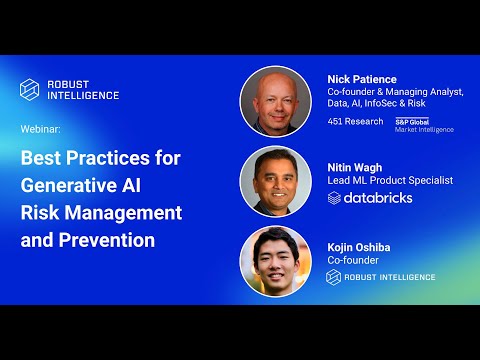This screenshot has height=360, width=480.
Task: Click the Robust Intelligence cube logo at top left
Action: tap(29, 89)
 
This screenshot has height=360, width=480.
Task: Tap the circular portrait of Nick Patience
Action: tap(275, 101)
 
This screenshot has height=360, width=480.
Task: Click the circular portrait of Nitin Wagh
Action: tap(275, 182)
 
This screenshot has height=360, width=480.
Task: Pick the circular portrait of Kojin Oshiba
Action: tap(275, 262)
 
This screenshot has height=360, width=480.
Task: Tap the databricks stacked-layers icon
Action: tap(335, 198)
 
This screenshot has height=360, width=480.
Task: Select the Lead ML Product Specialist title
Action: tap(390, 180)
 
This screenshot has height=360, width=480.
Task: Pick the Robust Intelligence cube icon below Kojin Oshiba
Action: tap(334, 276)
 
